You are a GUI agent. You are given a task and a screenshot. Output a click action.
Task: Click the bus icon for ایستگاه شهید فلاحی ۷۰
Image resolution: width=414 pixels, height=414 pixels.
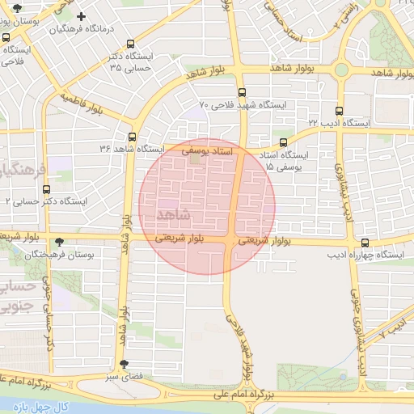click(x=242, y=92)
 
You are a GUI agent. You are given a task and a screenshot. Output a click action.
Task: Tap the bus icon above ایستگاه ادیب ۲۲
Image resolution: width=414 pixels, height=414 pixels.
click(x=338, y=111)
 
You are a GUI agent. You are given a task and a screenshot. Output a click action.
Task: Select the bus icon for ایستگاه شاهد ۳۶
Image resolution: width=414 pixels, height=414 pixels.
click(x=131, y=137)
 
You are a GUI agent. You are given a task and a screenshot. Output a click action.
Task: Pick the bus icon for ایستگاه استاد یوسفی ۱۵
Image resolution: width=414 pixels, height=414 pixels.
click(x=283, y=142)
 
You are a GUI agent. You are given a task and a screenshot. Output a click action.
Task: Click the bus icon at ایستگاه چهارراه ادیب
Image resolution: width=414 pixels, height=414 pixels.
click(x=365, y=242)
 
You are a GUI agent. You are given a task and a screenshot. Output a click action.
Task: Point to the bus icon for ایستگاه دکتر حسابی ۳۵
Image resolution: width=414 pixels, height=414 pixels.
click(x=131, y=44)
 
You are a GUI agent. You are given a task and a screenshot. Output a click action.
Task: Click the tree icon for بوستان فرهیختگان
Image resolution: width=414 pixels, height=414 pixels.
click(x=58, y=241)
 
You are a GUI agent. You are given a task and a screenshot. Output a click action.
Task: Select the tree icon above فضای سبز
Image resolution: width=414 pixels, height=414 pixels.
click(x=124, y=364)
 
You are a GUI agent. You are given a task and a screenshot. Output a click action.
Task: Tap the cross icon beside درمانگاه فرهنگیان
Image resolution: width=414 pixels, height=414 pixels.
click(x=81, y=15)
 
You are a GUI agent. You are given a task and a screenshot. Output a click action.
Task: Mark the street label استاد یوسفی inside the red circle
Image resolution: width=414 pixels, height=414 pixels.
click(x=207, y=151)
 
